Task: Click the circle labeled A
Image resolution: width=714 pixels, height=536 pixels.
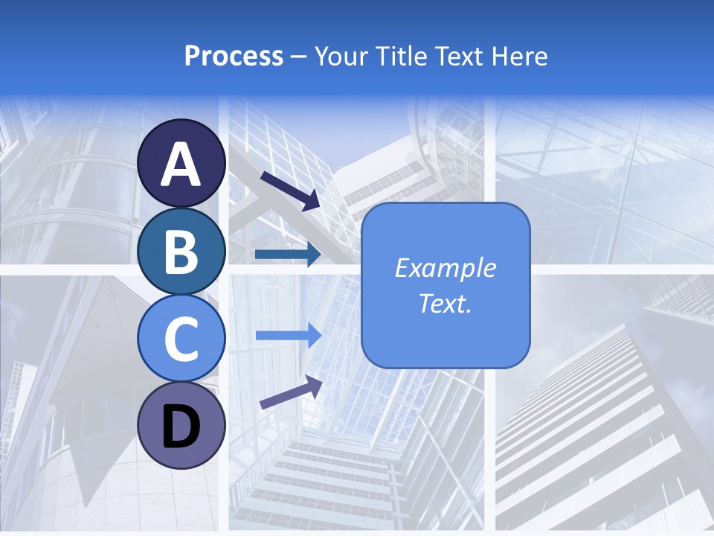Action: [x=181, y=163]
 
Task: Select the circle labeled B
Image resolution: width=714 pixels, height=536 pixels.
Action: [x=181, y=251]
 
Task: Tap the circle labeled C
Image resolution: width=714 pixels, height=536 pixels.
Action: [x=181, y=338]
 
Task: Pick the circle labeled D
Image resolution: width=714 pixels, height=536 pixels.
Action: [x=181, y=425]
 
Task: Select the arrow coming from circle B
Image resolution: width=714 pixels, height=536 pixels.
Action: [x=288, y=255]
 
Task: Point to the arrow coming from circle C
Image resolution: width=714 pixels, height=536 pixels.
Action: [x=288, y=335]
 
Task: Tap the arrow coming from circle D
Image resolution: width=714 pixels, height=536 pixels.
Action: [x=291, y=392]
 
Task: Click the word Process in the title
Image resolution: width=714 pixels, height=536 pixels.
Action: [x=234, y=57]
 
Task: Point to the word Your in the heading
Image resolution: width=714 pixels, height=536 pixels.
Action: [x=343, y=57]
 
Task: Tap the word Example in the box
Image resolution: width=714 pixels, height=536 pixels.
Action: [x=445, y=268]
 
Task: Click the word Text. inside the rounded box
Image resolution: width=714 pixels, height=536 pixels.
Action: [x=445, y=303]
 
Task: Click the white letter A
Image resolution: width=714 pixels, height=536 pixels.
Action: [x=181, y=165]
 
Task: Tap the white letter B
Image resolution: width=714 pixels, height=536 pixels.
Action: [x=181, y=252]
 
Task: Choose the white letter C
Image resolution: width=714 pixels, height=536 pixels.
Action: [x=181, y=339]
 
